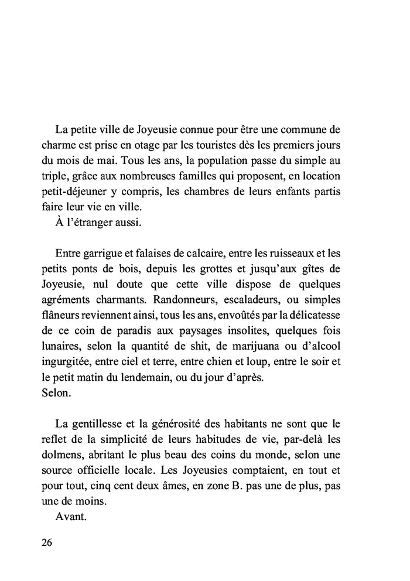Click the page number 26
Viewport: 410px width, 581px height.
coord(47,542)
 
